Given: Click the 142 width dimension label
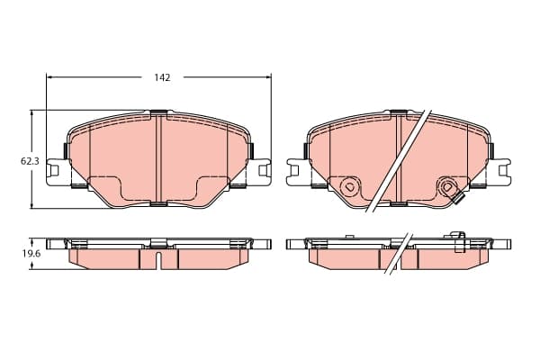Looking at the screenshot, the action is (x=162, y=77).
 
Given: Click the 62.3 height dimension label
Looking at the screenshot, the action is (x=31, y=161).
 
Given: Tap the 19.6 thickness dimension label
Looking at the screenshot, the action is (x=31, y=254).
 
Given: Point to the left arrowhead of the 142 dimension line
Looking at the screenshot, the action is (x=49, y=77).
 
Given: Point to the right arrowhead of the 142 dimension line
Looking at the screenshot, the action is (x=268, y=77).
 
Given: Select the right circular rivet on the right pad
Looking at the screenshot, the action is (x=447, y=187).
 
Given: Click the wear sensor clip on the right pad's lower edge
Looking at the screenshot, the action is (x=458, y=199).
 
